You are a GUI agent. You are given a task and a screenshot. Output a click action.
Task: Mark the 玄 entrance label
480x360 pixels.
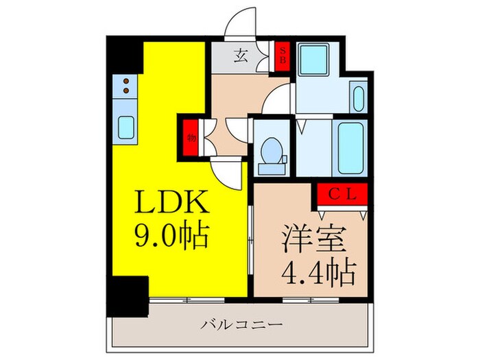[x=242, y=56]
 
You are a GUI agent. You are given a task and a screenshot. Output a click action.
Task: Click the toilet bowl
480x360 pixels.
[x=272, y=150]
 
